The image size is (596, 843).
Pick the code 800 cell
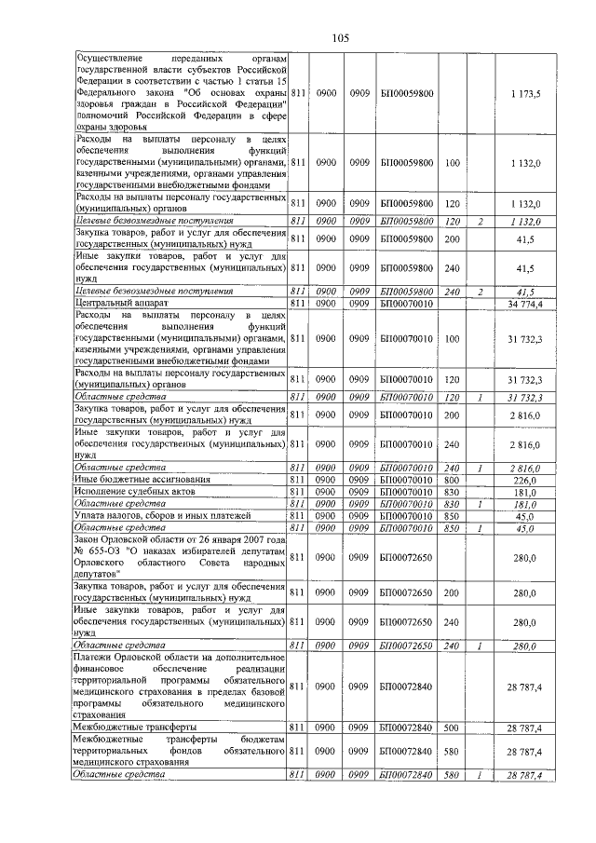[x=453, y=480]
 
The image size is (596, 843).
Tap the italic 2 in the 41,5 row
[x=480, y=292]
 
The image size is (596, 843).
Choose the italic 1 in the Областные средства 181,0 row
[x=480, y=504]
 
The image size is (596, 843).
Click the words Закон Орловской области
[x=127, y=539]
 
